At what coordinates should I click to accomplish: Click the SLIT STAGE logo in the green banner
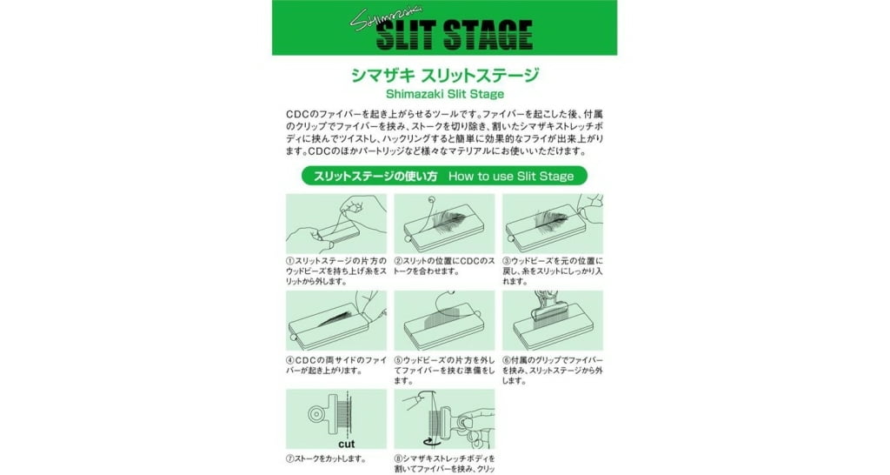coord(467,36)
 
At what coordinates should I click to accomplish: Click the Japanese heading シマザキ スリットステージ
coord(444,75)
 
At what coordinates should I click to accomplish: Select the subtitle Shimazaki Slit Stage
coord(444,93)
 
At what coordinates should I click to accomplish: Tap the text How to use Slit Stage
coord(511,176)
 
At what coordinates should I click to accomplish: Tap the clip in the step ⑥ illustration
coord(548,310)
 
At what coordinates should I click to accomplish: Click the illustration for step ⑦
coord(335,418)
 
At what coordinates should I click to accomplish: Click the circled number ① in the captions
coord(291,261)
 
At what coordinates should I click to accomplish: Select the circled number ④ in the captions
coord(291,359)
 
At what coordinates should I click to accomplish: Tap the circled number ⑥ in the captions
coord(508,359)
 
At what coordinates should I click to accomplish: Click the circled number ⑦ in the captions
coord(291,458)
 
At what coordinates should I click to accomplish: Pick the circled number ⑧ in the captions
coord(400,458)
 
